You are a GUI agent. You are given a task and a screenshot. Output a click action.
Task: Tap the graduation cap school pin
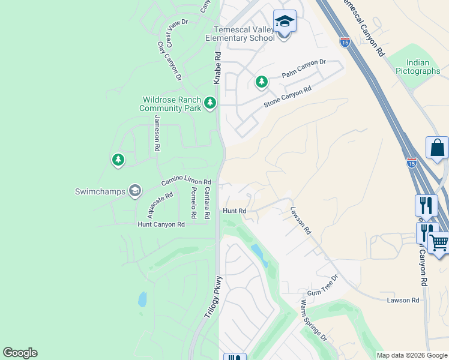click(285, 22)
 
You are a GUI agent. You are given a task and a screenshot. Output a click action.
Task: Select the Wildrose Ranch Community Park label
click(170, 104)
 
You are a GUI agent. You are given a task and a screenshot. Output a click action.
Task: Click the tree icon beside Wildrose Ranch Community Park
click(210, 103)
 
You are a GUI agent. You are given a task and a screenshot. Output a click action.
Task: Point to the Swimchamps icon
click(134, 191)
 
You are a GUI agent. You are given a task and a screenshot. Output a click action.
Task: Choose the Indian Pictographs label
click(418, 67)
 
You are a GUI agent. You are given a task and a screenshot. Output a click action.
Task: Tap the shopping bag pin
click(437, 148)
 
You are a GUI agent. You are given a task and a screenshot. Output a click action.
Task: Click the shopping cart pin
click(439, 244)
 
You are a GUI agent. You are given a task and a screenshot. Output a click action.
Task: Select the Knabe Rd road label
click(217, 68)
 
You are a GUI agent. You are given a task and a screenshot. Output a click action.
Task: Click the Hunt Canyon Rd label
click(161, 224)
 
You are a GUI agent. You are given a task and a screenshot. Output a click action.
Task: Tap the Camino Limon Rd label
click(186, 181)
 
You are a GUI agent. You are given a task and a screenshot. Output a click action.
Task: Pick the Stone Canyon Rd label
click(288, 98)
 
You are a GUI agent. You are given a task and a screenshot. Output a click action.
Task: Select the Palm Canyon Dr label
click(304, 65)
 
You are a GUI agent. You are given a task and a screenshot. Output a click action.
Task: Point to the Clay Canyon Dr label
click(169, 61)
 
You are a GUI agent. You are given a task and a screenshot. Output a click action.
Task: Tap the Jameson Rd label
click(157, 133)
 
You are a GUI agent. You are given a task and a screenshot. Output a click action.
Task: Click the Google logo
click(20, 353)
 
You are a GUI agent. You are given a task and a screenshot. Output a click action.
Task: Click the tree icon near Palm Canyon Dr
click(261, 82)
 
